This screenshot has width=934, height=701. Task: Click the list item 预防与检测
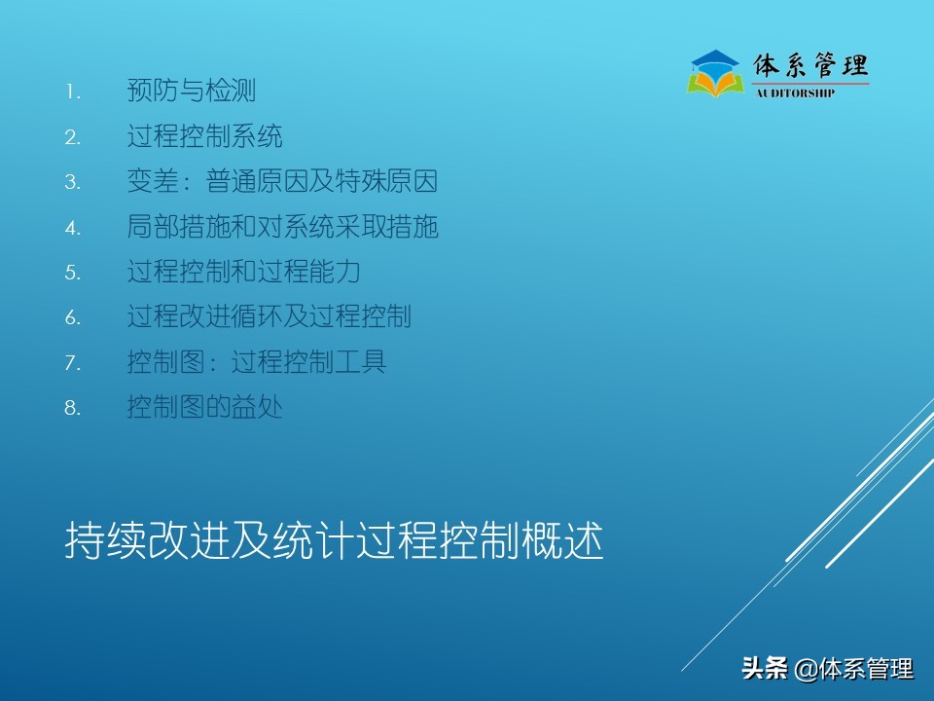pyautogui.click(x=191, y=92)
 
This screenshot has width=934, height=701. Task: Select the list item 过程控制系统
pyautogui.click(x=204, y=136)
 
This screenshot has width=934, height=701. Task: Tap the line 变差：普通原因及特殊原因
pyautogui.click(x=282, y=182)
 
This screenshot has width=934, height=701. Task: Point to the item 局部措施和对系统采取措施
pyautogui.click(x=282, y=227)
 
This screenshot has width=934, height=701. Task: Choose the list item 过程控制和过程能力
pyautogui.click(x=243, y=272)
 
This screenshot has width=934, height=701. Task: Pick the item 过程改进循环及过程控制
pyautogui.click(x=269, y=316)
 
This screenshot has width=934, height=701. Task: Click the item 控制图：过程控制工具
pyautogui.click(x=256, y=362)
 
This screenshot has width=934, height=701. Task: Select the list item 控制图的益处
pyautogui.click(x=204, y=407)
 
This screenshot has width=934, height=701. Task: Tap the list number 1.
pyautogui.click(x=72, y=92)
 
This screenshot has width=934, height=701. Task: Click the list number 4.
pyautogui.click(x=72, y=228)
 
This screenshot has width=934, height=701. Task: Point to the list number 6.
pyautogui.click(x=72, y=317)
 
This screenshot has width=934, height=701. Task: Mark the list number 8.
pyautogui.click(x=72, y=408)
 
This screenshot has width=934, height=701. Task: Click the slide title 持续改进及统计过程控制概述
pyautogui.click(x=334, y=541)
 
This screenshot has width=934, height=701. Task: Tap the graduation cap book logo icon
pyautogui.click(x=715, y=73)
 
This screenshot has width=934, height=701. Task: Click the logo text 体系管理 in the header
pyautogui.click(x=810, y=65)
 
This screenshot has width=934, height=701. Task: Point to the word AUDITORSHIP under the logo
pyautogui.click(x=795, y=93)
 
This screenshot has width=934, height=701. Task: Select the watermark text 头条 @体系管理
pyautogui.click(x=827, y=669)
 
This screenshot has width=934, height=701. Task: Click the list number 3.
pyautogui.click(x=72, y=183)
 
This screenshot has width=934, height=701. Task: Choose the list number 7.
pyautogui.click(x=72, y=363)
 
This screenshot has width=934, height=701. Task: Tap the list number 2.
pyautogui.click(x=72, y=137)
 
